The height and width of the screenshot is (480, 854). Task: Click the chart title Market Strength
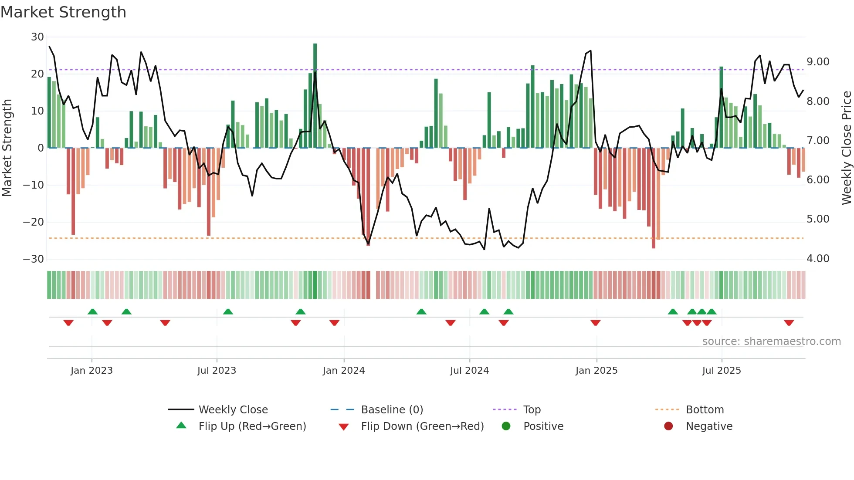click(63, 12)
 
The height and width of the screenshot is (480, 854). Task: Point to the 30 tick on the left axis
click(37, 37)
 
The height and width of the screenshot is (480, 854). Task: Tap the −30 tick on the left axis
click(34, 259)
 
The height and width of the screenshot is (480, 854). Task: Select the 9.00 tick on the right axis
click(818, 62)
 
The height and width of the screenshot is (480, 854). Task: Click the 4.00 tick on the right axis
click(818, 259)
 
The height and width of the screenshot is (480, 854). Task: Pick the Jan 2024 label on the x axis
click(343, 371)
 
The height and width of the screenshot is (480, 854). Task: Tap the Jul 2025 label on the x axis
click(721, 371)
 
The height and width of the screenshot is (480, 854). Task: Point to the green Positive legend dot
click(506, 426)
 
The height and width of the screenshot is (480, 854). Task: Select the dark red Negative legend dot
click(668, 426)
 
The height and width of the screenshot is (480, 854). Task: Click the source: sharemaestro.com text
click(771, 341)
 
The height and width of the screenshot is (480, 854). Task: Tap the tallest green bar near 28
click(315, 96)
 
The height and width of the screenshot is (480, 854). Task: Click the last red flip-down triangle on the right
click(789, 323)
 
